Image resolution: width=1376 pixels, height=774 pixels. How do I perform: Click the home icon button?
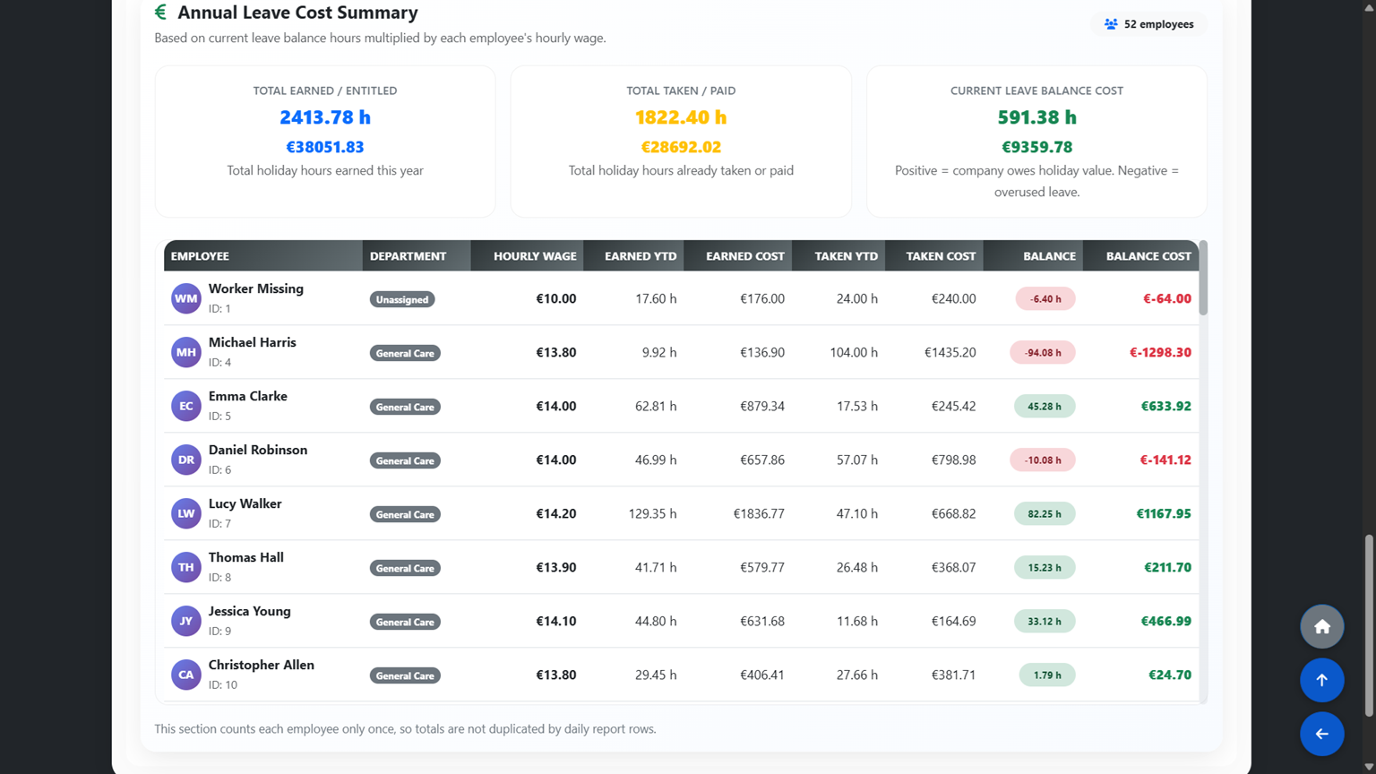point(1322,626)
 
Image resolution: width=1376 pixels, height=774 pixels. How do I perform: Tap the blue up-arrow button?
point(1322,680)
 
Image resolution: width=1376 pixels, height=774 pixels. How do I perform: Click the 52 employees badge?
point(1148,24)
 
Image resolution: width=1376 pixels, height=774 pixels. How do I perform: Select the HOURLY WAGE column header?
point(535,256)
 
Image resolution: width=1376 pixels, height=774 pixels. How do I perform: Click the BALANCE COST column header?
point(1148,256)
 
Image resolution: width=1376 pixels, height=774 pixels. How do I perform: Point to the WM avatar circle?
point(186,298)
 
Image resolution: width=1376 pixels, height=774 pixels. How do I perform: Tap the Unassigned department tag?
point(402,299)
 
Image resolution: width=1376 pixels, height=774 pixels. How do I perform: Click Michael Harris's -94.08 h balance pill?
point(1043,353)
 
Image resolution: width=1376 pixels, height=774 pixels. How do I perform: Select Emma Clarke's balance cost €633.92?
point(1165,406)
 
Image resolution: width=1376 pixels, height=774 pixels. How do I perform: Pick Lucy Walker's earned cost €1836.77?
point(759,513)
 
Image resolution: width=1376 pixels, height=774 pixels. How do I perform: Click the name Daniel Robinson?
point(258,450)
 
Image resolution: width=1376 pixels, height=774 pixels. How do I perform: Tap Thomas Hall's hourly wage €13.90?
point(556,567)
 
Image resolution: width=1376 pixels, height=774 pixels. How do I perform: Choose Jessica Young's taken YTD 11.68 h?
point(857,621)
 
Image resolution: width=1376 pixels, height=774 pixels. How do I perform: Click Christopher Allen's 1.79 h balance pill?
point(1046,675)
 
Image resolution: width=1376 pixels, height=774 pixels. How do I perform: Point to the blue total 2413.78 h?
point(325,116)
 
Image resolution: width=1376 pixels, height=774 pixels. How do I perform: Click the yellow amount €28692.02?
point(681,147)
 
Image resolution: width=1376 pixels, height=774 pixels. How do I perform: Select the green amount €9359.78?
point(1036,147)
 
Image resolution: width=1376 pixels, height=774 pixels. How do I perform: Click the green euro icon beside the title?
point(161,12)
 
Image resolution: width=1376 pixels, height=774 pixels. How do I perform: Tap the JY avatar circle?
point(186,621)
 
